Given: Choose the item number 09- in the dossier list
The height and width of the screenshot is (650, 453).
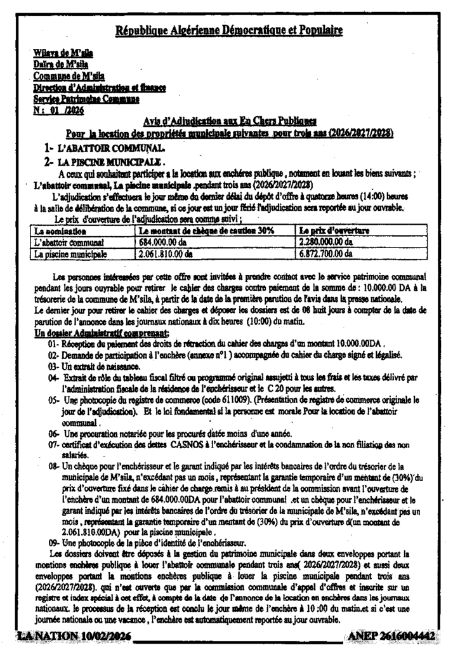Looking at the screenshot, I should (53, 543).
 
